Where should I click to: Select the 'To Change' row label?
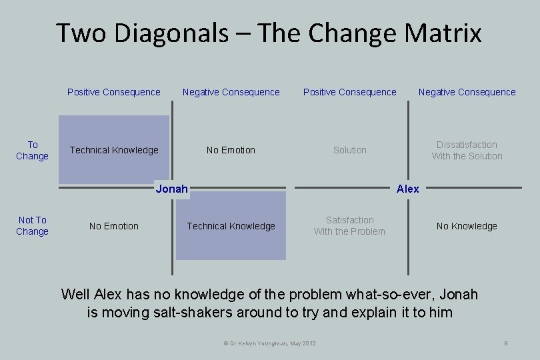pos(32,150)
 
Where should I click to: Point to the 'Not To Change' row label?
pos(32,225)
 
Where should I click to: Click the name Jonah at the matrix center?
pos(171,189)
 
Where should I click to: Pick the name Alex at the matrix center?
pos(407,189)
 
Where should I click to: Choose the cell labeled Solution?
pos(349,150)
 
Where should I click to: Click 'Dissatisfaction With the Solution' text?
pos(467,150)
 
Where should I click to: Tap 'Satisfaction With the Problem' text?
pos(349,225)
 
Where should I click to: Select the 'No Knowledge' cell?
pos(467,226)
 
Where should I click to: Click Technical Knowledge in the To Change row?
pos(114,150)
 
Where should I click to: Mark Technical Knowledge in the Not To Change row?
pos(231,226)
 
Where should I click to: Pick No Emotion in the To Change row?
pos(231,150)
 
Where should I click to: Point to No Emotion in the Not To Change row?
pos(114,226)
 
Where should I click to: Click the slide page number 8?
pos(506,343)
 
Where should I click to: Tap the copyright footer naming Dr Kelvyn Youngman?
pos(269,343)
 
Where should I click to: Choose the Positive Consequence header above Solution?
pos(349,92)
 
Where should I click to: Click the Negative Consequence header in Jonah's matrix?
pos(231,92)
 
